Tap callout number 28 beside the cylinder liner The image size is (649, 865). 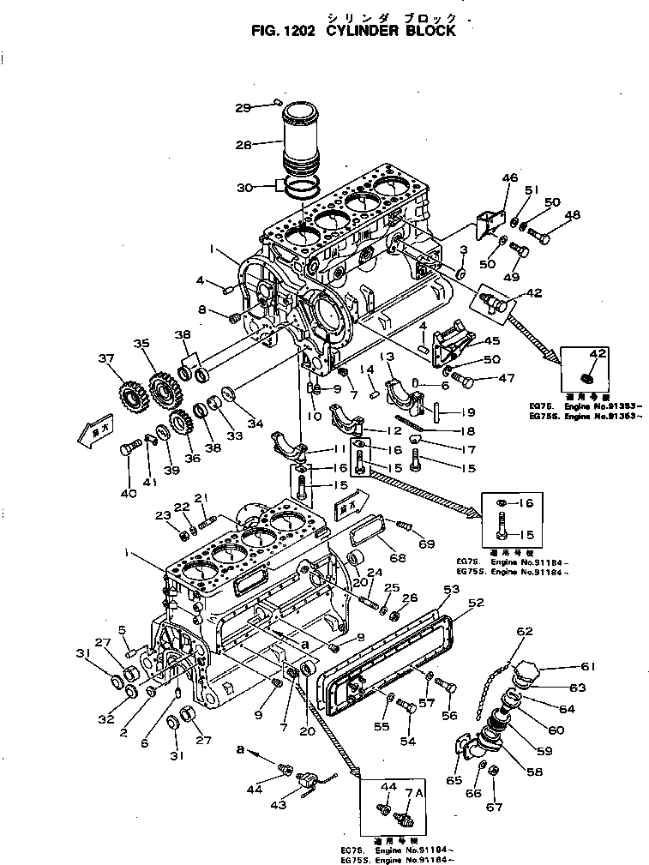[243, 146]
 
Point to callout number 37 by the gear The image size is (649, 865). [105, 358]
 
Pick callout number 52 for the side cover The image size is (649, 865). [477, 602]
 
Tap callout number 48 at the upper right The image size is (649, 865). [572, 215]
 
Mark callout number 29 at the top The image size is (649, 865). [243, 107]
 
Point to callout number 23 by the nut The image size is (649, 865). [161, 515]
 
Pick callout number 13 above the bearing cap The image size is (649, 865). [388, 356]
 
